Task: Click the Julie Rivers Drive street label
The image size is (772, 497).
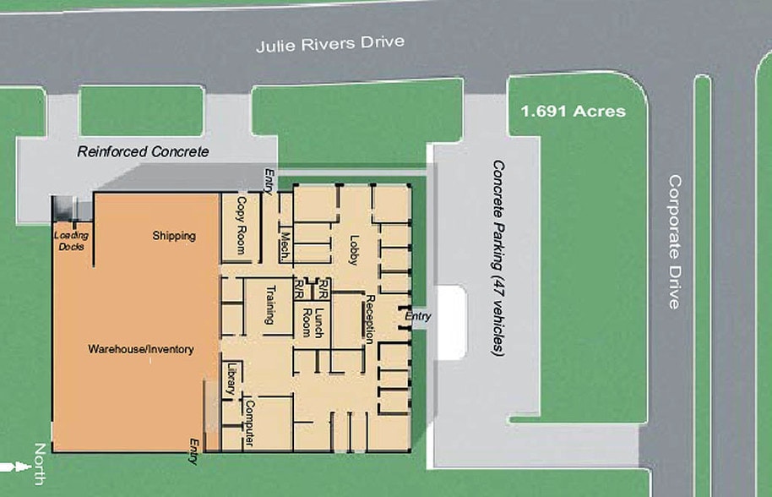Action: (x=330, y=43)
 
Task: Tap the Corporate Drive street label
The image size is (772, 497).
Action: (x=674, y=242)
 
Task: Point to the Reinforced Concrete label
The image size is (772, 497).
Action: (x=143, y=152)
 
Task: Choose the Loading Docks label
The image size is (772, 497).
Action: (x=72, y=241)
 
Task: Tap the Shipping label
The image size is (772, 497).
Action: (x=174, y=236)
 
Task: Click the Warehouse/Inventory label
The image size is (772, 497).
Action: (x=141, y=349)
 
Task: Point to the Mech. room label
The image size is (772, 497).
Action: (x=285, y=244)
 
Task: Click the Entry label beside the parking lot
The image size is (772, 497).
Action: (x=418, y=316)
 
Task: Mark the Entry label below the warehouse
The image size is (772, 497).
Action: (x=194, y=451)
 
